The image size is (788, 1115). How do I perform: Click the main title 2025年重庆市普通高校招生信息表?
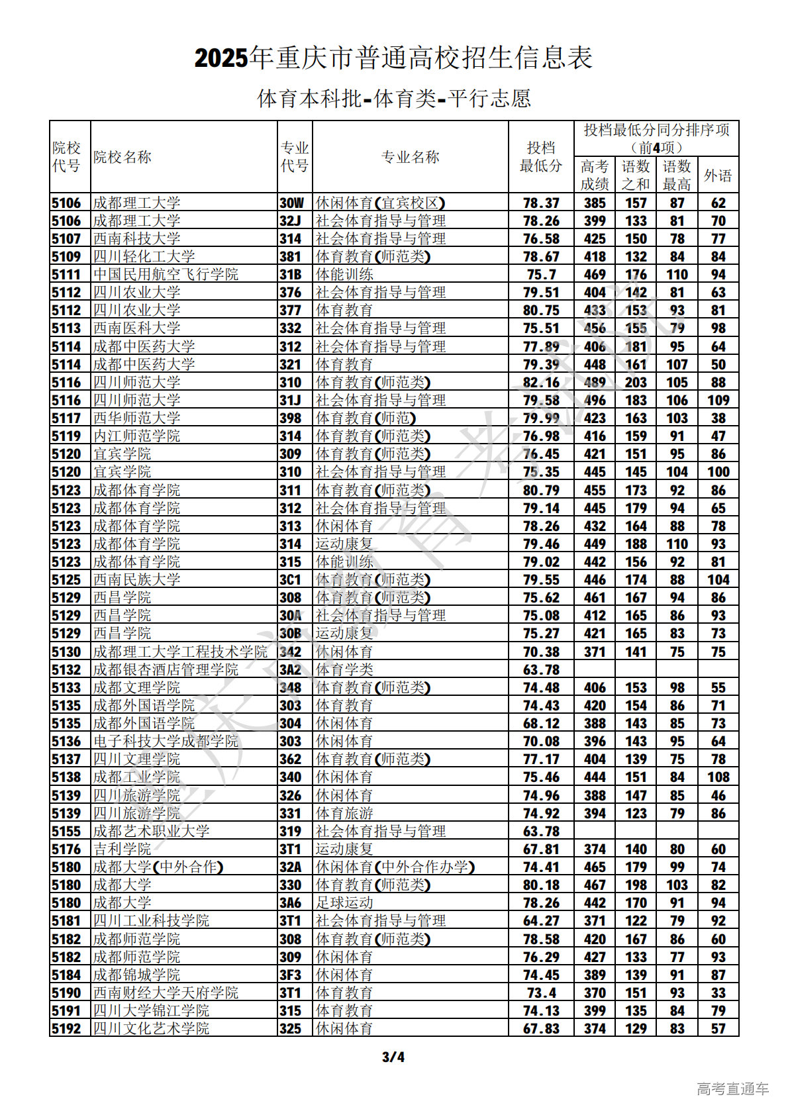[393, 58]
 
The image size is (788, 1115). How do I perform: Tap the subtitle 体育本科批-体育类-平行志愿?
[393, 99]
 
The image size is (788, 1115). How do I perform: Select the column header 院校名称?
[123, 157]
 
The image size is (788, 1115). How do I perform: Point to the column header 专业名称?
[410, 157]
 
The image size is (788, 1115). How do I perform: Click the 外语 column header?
[718, 175]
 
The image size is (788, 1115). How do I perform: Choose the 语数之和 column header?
[635, 175]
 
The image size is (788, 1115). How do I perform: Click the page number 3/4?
[393, 1057]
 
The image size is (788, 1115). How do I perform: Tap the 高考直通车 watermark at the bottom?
[732, 1089]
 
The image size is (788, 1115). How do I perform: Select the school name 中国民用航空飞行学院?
[166, 275]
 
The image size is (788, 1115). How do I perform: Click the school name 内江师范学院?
[136, 436]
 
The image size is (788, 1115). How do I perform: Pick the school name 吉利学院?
[122, 849]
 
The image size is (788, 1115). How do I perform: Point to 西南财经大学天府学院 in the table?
[166, 993]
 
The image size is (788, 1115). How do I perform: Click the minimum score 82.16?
[541, 383]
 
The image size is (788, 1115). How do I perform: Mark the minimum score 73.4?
[541, 993]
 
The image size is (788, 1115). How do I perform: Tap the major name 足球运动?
[344, 903]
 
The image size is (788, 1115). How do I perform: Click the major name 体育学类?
[344, 670]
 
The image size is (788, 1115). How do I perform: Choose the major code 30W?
[291, 203]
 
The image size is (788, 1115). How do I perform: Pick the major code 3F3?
[291, 975]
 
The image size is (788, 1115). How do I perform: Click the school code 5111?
[66, 275]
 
